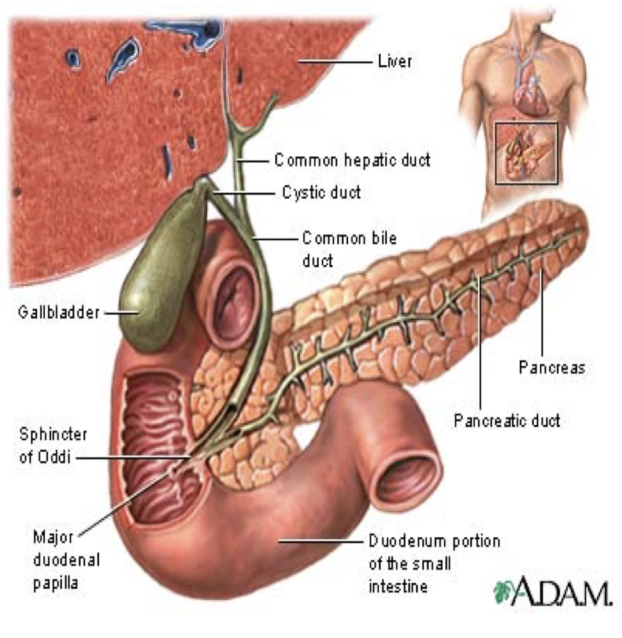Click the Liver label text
tap(394, 62)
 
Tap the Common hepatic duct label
tap(352, 159)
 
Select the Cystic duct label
tap(322, 192)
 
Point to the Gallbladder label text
tap(59, 314)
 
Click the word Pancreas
tap(552, 368)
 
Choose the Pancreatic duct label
tap(507, 421)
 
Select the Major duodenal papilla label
tap(57, 559)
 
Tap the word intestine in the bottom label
tap(397, 586)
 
